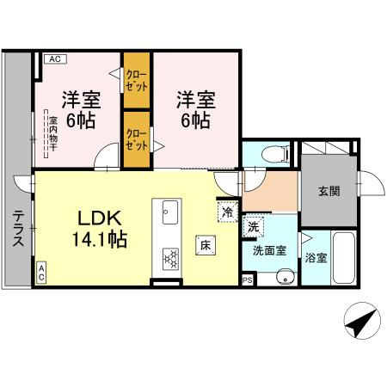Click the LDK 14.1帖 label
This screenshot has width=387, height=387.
click(103, 227)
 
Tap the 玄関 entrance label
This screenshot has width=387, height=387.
click(328, 191)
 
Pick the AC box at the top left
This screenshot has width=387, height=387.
click(53, 58)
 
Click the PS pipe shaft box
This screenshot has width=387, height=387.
click(248, 279)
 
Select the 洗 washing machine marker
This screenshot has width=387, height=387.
click(253, 227)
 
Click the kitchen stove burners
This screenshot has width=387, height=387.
click(169, 255)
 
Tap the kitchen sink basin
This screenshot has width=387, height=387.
click(169, 211)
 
